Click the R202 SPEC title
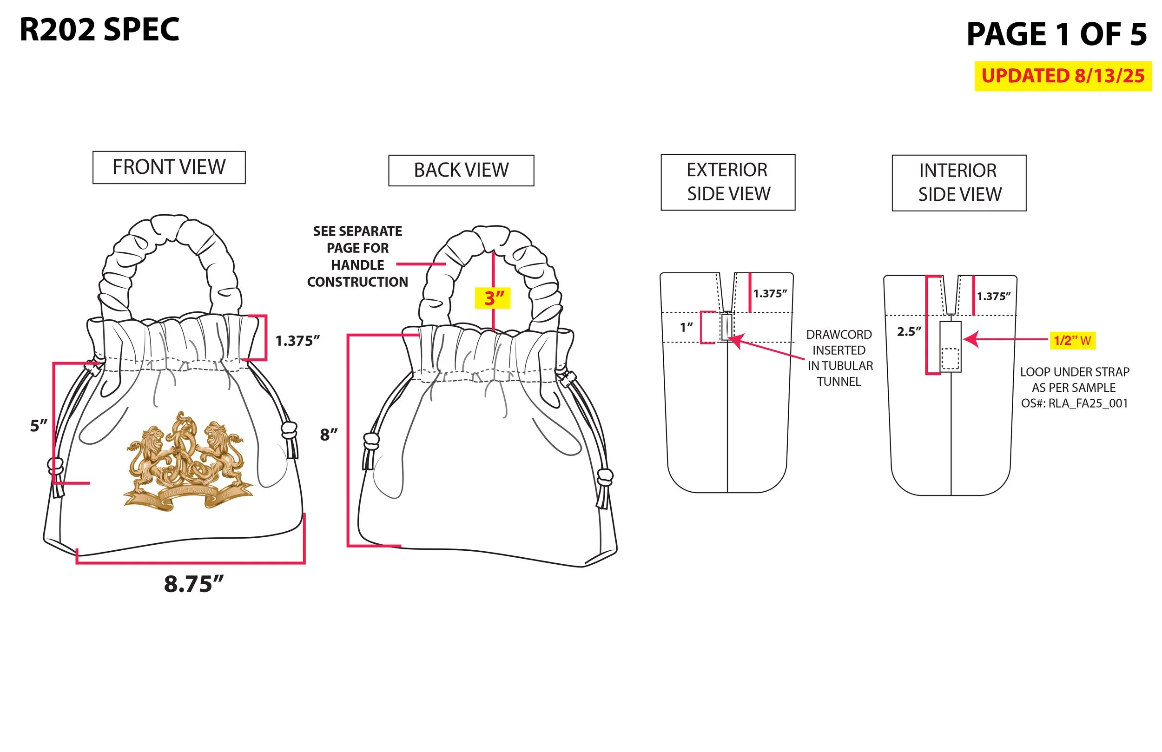click(99, 30)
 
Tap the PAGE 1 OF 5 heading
click(1056, 34)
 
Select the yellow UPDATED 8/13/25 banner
click(1063, 76)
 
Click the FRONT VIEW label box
click(169, 167)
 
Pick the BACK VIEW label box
click(461, 171)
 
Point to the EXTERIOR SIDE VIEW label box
click(727, 182)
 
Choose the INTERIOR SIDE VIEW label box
click(958, 183)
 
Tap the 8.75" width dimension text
click(193, 584)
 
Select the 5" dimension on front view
click(39, 425)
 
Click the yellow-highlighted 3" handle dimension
click(493, 298)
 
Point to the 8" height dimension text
click(329, 434)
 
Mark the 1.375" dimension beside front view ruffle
click(297, 341)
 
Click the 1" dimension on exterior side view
click(686, 327)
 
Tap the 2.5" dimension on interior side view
click(909, 331)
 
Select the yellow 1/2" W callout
click(1072, 340)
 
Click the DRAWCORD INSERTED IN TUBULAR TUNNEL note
click(839, 358)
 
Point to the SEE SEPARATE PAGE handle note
click(357, 257)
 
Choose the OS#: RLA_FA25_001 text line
click(1074, 403)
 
